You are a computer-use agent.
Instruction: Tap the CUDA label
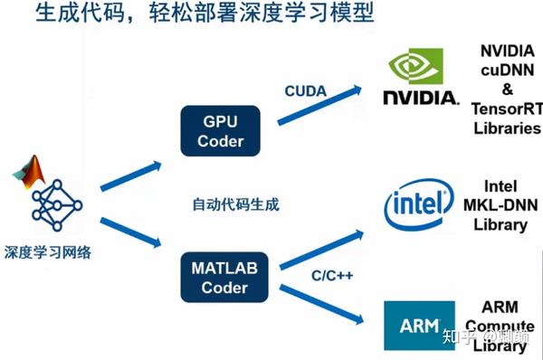tap(306, 90)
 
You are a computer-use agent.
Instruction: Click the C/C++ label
tap(306, 274)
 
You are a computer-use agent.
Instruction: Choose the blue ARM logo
tap(419, 325)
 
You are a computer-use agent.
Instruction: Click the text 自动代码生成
tap(235, 204)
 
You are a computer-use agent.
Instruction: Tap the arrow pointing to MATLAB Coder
tap(130, 233)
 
